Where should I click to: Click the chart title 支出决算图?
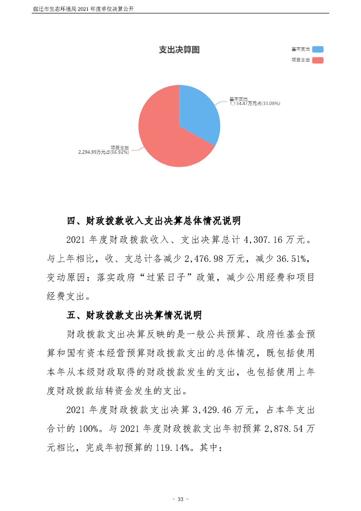(x=179, y=50)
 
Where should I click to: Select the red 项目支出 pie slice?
(x=164, y=141)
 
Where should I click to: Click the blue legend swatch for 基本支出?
(x=318, y=49)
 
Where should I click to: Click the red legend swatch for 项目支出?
(x=318, y=60)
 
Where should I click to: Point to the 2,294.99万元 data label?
(x=104, y=152)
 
